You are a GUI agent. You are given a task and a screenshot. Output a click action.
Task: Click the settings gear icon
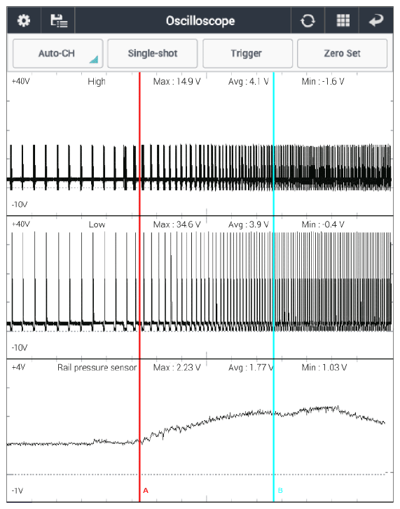click(x=24, y=21)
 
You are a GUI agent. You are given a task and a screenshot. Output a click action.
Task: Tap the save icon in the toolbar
click(x=59, y=21)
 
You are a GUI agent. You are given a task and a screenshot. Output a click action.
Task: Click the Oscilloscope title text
click(x=200, y=21)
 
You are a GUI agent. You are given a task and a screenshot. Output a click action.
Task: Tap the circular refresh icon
click(x=308, y=21)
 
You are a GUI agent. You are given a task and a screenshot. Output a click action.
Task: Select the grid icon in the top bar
click(x=343, y=21)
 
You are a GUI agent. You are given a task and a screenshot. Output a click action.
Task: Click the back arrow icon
click(x=376, y=21)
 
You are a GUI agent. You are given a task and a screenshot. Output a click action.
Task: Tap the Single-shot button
click(x=153, y=54)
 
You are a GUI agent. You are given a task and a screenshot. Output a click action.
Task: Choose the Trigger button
click(x=247, y=54)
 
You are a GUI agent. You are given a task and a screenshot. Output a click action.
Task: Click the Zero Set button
click(x=342, y=54)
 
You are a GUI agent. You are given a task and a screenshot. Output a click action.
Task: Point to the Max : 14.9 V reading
click(x=177, y=82)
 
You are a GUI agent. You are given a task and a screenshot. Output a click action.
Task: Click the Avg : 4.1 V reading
click(x=249, y=82)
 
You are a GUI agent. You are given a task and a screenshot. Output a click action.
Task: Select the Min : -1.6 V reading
click(x=323, y=82)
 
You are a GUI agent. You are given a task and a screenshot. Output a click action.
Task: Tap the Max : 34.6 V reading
click(x=177, y=224)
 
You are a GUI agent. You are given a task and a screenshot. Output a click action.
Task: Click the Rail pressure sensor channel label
click(x=97, y=368)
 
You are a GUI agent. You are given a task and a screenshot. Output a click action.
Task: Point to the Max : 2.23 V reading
click(x=177, y=368)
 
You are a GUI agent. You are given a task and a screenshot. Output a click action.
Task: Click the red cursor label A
click(x=146, y=491)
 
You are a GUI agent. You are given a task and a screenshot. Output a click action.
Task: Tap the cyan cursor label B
click(x=280, y=491)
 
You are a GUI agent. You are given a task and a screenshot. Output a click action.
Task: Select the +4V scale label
click(x=18, y=367)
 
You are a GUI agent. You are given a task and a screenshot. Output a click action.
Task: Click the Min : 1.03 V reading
click(x=324, y=368)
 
